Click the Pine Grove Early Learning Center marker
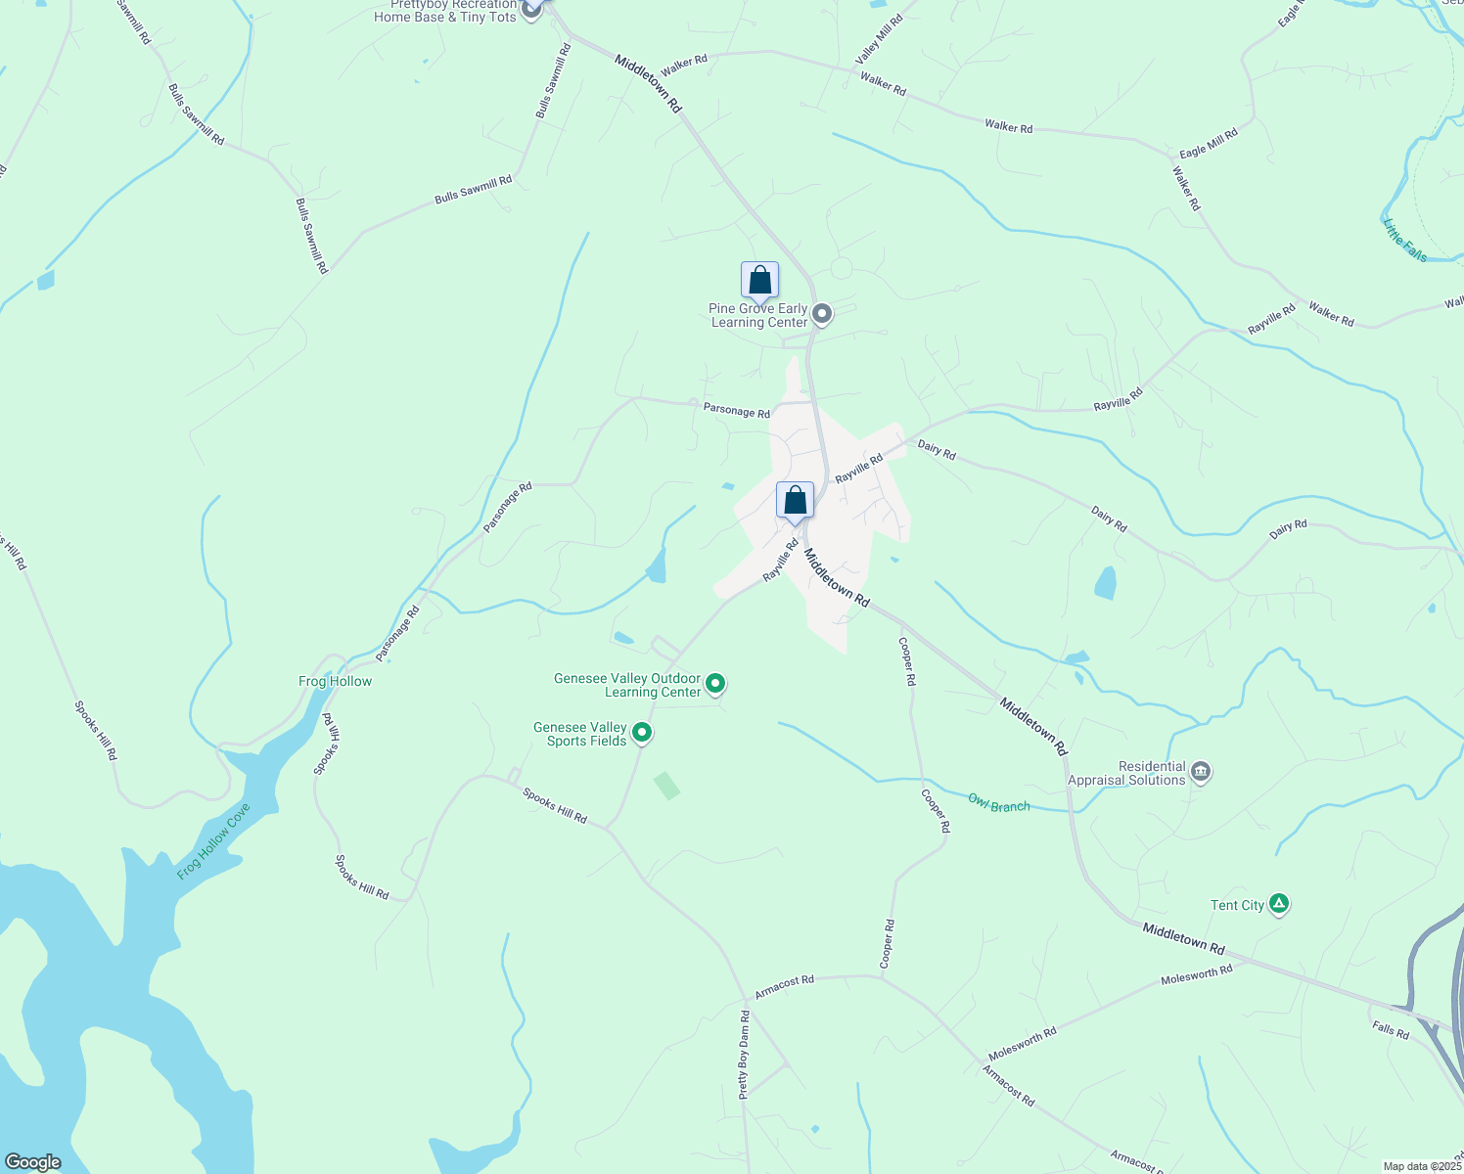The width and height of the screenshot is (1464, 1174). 822,314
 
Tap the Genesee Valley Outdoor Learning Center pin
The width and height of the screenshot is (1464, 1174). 715,684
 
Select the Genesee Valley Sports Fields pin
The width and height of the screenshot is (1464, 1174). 642,732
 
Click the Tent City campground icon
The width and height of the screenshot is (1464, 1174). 1278,905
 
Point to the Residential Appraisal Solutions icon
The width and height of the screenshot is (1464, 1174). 1202,773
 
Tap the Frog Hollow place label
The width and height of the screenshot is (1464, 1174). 335,681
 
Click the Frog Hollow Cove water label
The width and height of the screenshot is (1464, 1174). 214,840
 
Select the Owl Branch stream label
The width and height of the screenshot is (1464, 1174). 998,803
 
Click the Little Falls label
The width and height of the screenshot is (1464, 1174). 1405,240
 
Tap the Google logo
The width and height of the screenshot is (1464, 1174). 32,1162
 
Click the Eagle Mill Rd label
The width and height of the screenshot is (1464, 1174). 1208,144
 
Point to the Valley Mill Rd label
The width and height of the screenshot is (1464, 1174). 879,40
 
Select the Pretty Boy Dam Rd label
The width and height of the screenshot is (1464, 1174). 744,1056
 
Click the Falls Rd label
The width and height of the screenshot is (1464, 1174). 1390,1029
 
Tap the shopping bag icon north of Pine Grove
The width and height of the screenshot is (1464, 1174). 759,282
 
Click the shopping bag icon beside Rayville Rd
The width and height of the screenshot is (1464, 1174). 796,501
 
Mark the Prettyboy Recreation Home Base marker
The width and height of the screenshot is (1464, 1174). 531,10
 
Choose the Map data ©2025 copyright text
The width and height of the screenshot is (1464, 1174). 1422,1166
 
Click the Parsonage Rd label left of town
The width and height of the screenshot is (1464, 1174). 507,507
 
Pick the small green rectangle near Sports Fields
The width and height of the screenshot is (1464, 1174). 666,785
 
